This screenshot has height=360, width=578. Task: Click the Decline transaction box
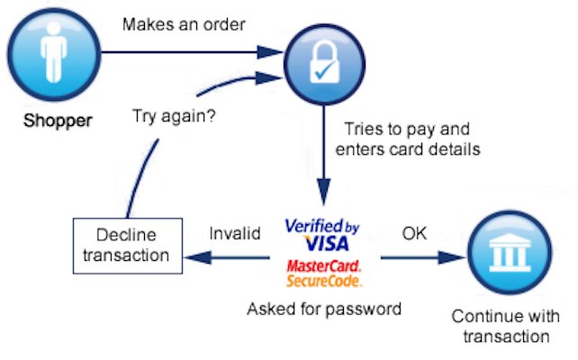[125, 244]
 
